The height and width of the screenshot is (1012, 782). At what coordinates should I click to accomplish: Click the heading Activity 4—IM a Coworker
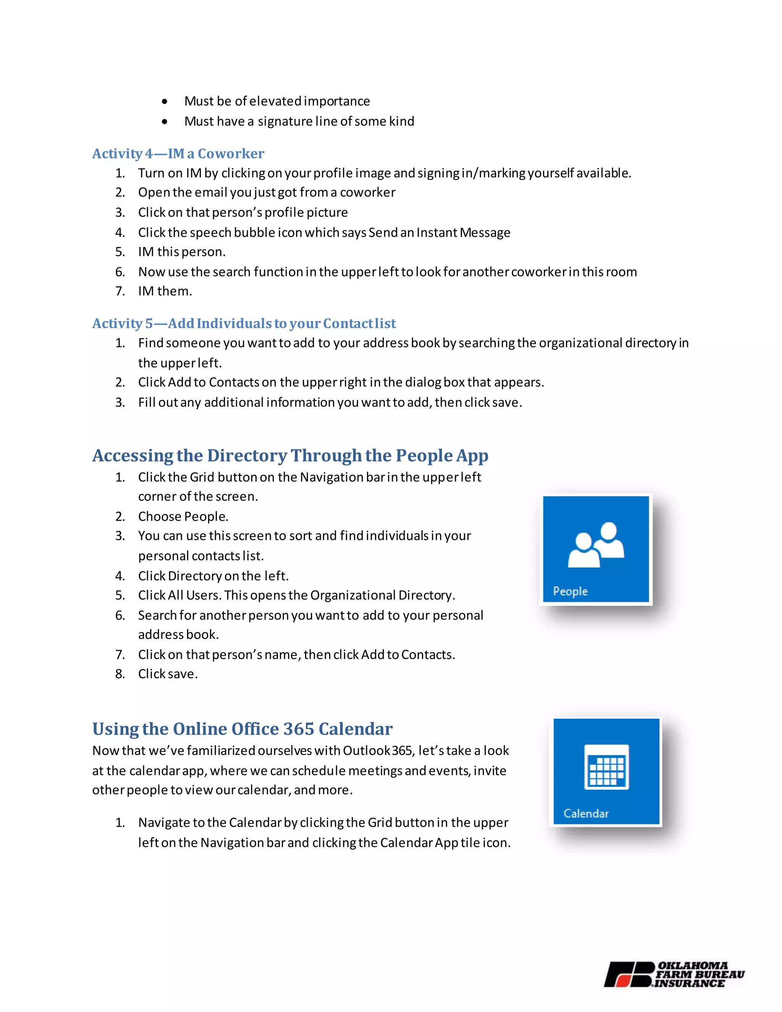click(178, 154)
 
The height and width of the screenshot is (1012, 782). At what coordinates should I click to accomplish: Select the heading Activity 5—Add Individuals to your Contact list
click(244, 323)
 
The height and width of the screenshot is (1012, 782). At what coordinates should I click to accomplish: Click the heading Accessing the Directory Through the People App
click(290, 456)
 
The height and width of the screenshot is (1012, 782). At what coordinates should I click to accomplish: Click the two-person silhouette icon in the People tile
click(596, 545)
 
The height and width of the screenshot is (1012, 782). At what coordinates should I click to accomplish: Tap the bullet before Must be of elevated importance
click(165, 102)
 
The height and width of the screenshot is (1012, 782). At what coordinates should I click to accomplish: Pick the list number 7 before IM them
click(120, 291)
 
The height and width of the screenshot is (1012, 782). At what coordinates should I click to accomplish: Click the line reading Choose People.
click(183, 516)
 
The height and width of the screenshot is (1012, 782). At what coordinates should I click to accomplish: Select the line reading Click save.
click(168, 674)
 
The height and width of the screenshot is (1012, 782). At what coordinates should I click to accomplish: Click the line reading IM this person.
click(182, 252)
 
